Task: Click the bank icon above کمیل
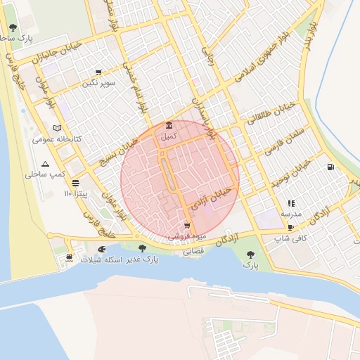coord(169,127)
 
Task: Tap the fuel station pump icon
coord(330,167)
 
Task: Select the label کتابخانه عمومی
coord(57,139)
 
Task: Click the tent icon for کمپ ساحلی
coord(46,163)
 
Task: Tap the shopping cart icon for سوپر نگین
coord(98,72)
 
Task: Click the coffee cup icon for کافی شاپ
coord(290,228)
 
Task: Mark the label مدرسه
coord(291,213)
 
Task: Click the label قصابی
coord(193,250)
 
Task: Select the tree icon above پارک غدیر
coord(143,248)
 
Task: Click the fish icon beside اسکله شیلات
coord(102,249)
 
